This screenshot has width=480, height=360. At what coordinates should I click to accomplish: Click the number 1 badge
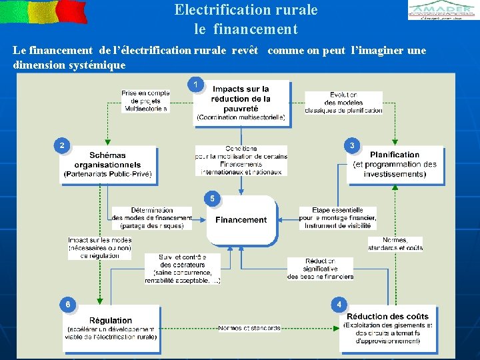[195, 84]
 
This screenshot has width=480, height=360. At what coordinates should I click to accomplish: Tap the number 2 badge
[62, 145]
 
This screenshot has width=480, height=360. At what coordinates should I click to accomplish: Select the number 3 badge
[352, 145]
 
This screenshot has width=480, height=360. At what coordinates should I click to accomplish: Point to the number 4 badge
[339, 305]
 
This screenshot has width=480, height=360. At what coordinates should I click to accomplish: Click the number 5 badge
[212, 198]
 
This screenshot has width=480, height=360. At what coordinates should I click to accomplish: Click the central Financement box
[241, 220]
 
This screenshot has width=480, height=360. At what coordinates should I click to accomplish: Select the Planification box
[395, 164]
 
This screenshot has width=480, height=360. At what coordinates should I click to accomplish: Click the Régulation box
[111, 328]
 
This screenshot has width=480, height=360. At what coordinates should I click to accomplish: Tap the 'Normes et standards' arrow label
[249, 328]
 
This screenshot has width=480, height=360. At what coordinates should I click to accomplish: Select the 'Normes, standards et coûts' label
[395, 244]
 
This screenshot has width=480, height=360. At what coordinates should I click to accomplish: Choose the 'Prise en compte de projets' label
[145, 101]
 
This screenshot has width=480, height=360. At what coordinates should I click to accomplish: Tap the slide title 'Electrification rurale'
[246, 10]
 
